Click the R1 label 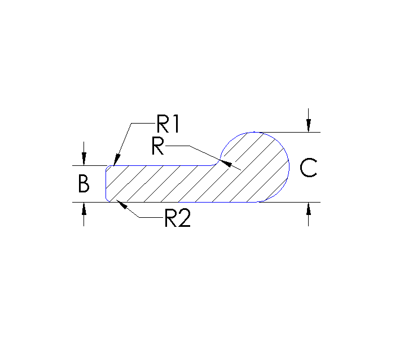[168, 124]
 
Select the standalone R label [158, 146]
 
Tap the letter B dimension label [84, 185]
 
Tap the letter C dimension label [308, 168]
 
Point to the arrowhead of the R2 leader [118, 204]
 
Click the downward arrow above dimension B [84, 160]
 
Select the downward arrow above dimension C [308, 126]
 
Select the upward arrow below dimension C [308, 208]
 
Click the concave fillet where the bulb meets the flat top [217, 163]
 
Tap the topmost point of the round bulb [254, 132]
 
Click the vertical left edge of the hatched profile [106, 183]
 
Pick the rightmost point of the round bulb [289, 167]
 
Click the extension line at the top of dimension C [293, 132]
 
